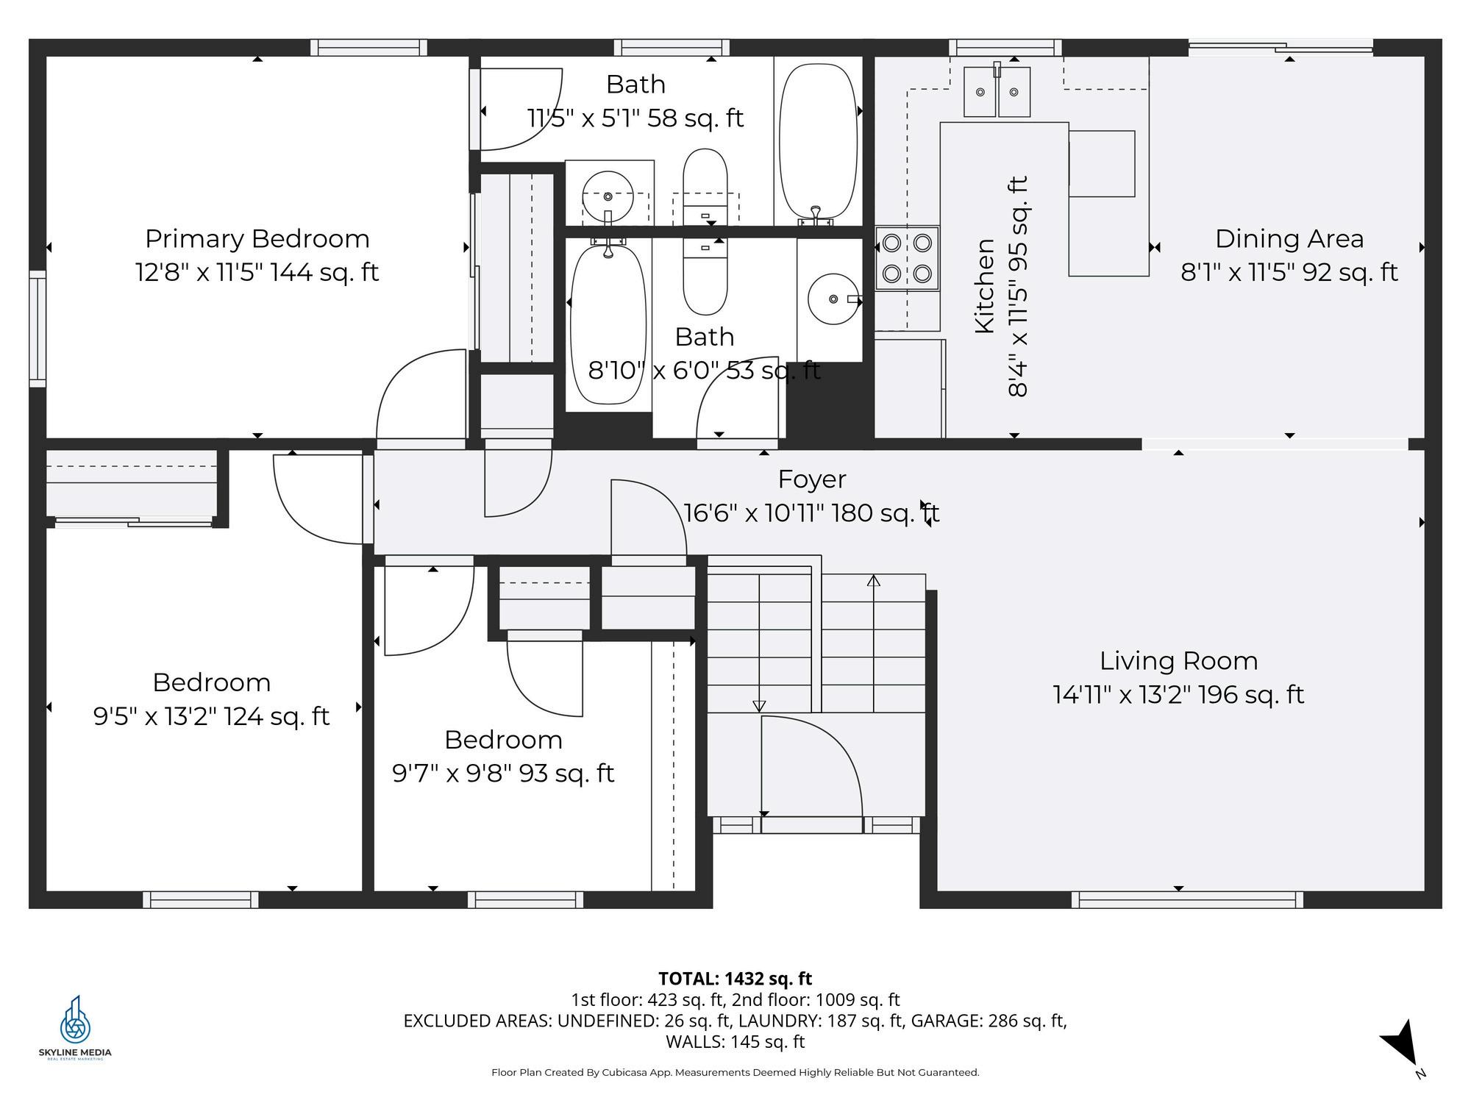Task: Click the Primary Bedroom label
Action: point(257,239)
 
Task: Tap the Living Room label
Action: point(1178,661)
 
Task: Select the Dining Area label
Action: point(1289,239)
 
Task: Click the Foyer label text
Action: point(812,479)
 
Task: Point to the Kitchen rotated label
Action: point(984,286)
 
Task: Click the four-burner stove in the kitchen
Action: point(907,258)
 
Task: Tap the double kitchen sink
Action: point(997,92)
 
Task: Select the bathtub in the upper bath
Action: point(818,142)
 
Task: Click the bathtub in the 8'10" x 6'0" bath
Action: point(608,324)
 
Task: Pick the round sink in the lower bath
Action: point(833,299)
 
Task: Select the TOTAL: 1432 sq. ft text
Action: point(735,979)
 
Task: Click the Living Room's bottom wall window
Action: point(1187,899)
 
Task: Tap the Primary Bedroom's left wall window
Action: point(38,329)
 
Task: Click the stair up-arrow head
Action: point(874,580)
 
